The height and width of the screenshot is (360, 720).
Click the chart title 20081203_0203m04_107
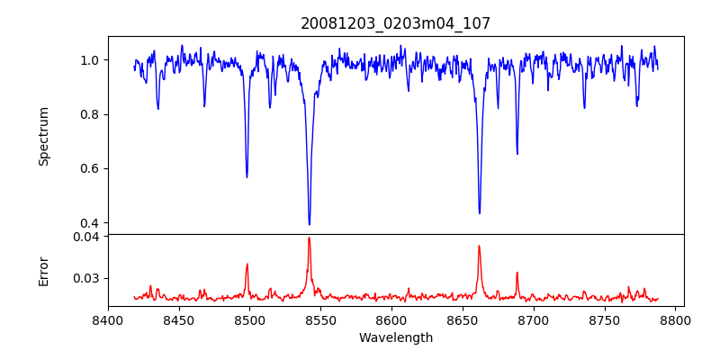coord(395,23)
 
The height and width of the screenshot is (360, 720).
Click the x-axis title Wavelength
coord(395,337)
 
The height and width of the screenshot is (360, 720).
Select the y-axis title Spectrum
coord(44,136)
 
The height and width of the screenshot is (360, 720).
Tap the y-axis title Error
coord(44,270)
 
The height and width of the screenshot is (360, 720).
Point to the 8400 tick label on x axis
coord(108,319)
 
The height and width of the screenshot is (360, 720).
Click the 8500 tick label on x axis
coord(249,319)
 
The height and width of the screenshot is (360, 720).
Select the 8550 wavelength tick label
coord(320,319)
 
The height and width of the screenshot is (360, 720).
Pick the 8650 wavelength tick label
coord(463,319)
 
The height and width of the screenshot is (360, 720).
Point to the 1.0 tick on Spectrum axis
coord(90,60)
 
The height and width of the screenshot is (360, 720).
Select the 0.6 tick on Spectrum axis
coord(90,168)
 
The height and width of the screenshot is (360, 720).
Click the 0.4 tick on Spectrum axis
coord(90,222)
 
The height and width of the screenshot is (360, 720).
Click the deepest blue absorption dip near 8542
coord(309,224)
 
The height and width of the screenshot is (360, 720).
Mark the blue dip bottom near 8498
coord(247,176)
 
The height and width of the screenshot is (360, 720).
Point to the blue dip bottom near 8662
coord(479,213)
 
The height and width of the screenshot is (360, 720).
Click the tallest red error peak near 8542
coord(309,238)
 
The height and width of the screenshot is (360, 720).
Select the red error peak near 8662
coord(479,246)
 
